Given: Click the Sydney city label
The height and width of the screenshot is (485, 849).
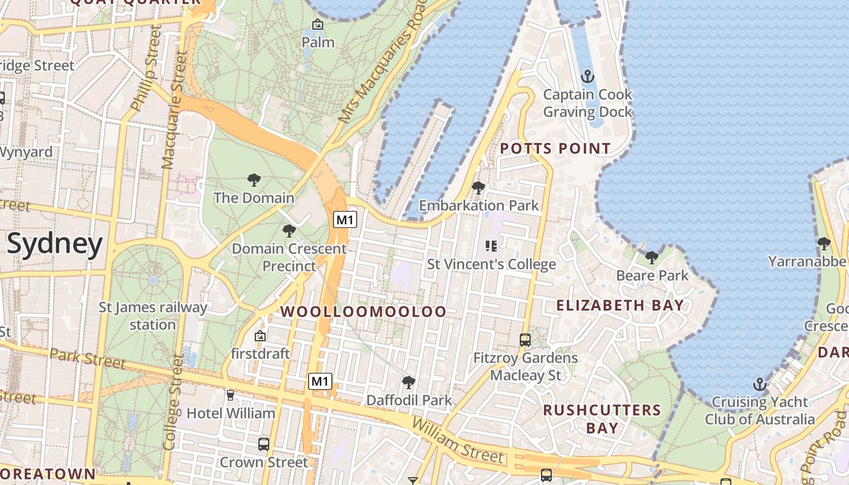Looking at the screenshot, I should [55, 244].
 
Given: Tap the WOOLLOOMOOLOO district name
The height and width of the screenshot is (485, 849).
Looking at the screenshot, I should [363, 312].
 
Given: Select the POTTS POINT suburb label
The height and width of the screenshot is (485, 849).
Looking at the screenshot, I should [555, 149].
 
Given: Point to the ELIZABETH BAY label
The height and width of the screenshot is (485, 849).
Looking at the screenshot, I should [620, 305].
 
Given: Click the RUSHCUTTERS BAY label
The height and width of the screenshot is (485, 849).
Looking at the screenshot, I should [602, 418].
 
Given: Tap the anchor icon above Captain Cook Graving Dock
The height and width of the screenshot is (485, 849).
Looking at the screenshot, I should [587, 77].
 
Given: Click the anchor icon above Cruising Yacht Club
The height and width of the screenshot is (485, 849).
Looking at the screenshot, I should [759, 384].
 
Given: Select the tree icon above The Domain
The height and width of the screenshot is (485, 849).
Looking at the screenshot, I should [254, 180].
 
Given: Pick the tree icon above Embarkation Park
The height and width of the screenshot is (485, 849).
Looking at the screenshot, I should [478, 188].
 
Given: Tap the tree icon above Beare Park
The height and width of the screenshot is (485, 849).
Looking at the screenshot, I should [652, 258].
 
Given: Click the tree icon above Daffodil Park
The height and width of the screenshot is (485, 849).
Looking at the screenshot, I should [409, 383].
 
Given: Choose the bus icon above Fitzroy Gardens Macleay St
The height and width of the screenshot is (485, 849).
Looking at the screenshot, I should [525, 340].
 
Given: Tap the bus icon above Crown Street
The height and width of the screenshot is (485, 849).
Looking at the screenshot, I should [263, 444].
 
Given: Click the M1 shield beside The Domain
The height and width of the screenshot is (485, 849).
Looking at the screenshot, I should [344, 219].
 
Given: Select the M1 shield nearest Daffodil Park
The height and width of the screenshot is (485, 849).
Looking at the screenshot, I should [320, 381].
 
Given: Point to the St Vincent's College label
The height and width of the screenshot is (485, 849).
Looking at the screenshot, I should [491, 264].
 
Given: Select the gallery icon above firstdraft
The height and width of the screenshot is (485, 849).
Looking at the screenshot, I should [260, 335].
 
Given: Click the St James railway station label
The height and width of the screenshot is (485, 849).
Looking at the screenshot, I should [153, 316].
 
